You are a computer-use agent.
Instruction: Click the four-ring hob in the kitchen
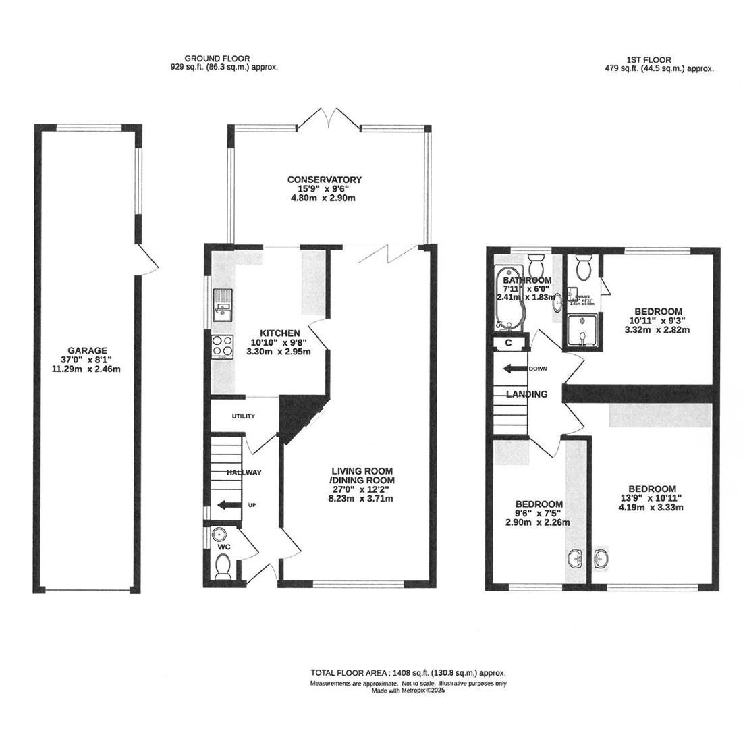coord(222,346)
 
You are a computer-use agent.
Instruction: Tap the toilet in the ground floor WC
coord(223,568)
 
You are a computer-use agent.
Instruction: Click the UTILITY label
coord(243,416)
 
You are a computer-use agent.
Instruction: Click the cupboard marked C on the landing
coord(508,343)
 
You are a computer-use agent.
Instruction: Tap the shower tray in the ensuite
coord(581,333)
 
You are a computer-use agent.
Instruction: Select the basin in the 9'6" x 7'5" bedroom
coord(576,558)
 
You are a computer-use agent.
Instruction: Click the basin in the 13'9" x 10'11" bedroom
coord(603,558)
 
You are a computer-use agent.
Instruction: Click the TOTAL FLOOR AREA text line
coord(408,673)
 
